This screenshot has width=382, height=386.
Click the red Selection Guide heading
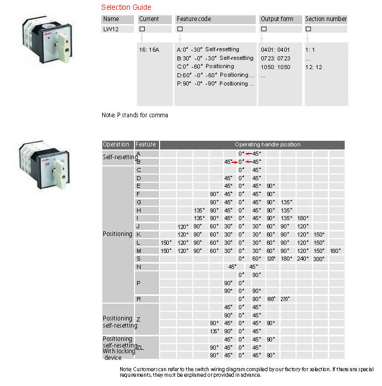pyautogui.click(x=126, y=7)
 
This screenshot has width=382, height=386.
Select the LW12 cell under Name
pyautogui.click(x=111, y=29)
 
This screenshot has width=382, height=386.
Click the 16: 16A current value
pyautogui.click(x=149, y=50)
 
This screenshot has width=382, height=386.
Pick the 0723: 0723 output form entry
pyautogui.click(x=275, y=58)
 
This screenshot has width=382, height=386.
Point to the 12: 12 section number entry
pyautogui.click(x=314, y=67)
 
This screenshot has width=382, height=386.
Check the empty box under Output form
pyautogui.click(x=264, y=29)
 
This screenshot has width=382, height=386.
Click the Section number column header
pyautogui.click(x=326, y=19)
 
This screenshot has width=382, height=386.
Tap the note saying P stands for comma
pyautogui.click(x=134, y=115)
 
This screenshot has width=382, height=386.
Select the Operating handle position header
pyautogui.click(x=267, y=145)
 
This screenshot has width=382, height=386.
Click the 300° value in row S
pyautogui.click(x=319, y=259)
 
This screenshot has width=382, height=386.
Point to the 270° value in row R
pyautogui.click(x=285, y=298)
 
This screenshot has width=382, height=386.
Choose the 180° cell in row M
pyautogui.click(x=335, y=250)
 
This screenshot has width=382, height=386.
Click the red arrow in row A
pyautogui.click(x=250, y=154)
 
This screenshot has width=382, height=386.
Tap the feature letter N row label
pyautogui.click(x=139, y=267)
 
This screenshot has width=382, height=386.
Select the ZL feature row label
pyautogui.click(x=140, y=347)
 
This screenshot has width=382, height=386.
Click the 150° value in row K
pyautogui.click(x=319, y=234)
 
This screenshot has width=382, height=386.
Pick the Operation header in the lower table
pyautogui.click(x=116, y=145)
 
